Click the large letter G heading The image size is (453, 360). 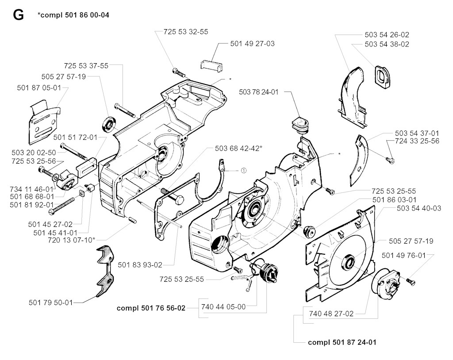(18, 15)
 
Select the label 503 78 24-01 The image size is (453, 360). (258, 92)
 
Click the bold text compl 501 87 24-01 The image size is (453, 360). (342, 342)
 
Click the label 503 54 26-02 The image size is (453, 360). (387, 34)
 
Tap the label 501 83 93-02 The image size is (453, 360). (140, 265)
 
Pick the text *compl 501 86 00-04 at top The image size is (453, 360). (73, 15)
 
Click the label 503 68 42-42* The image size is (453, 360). (238, 148)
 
